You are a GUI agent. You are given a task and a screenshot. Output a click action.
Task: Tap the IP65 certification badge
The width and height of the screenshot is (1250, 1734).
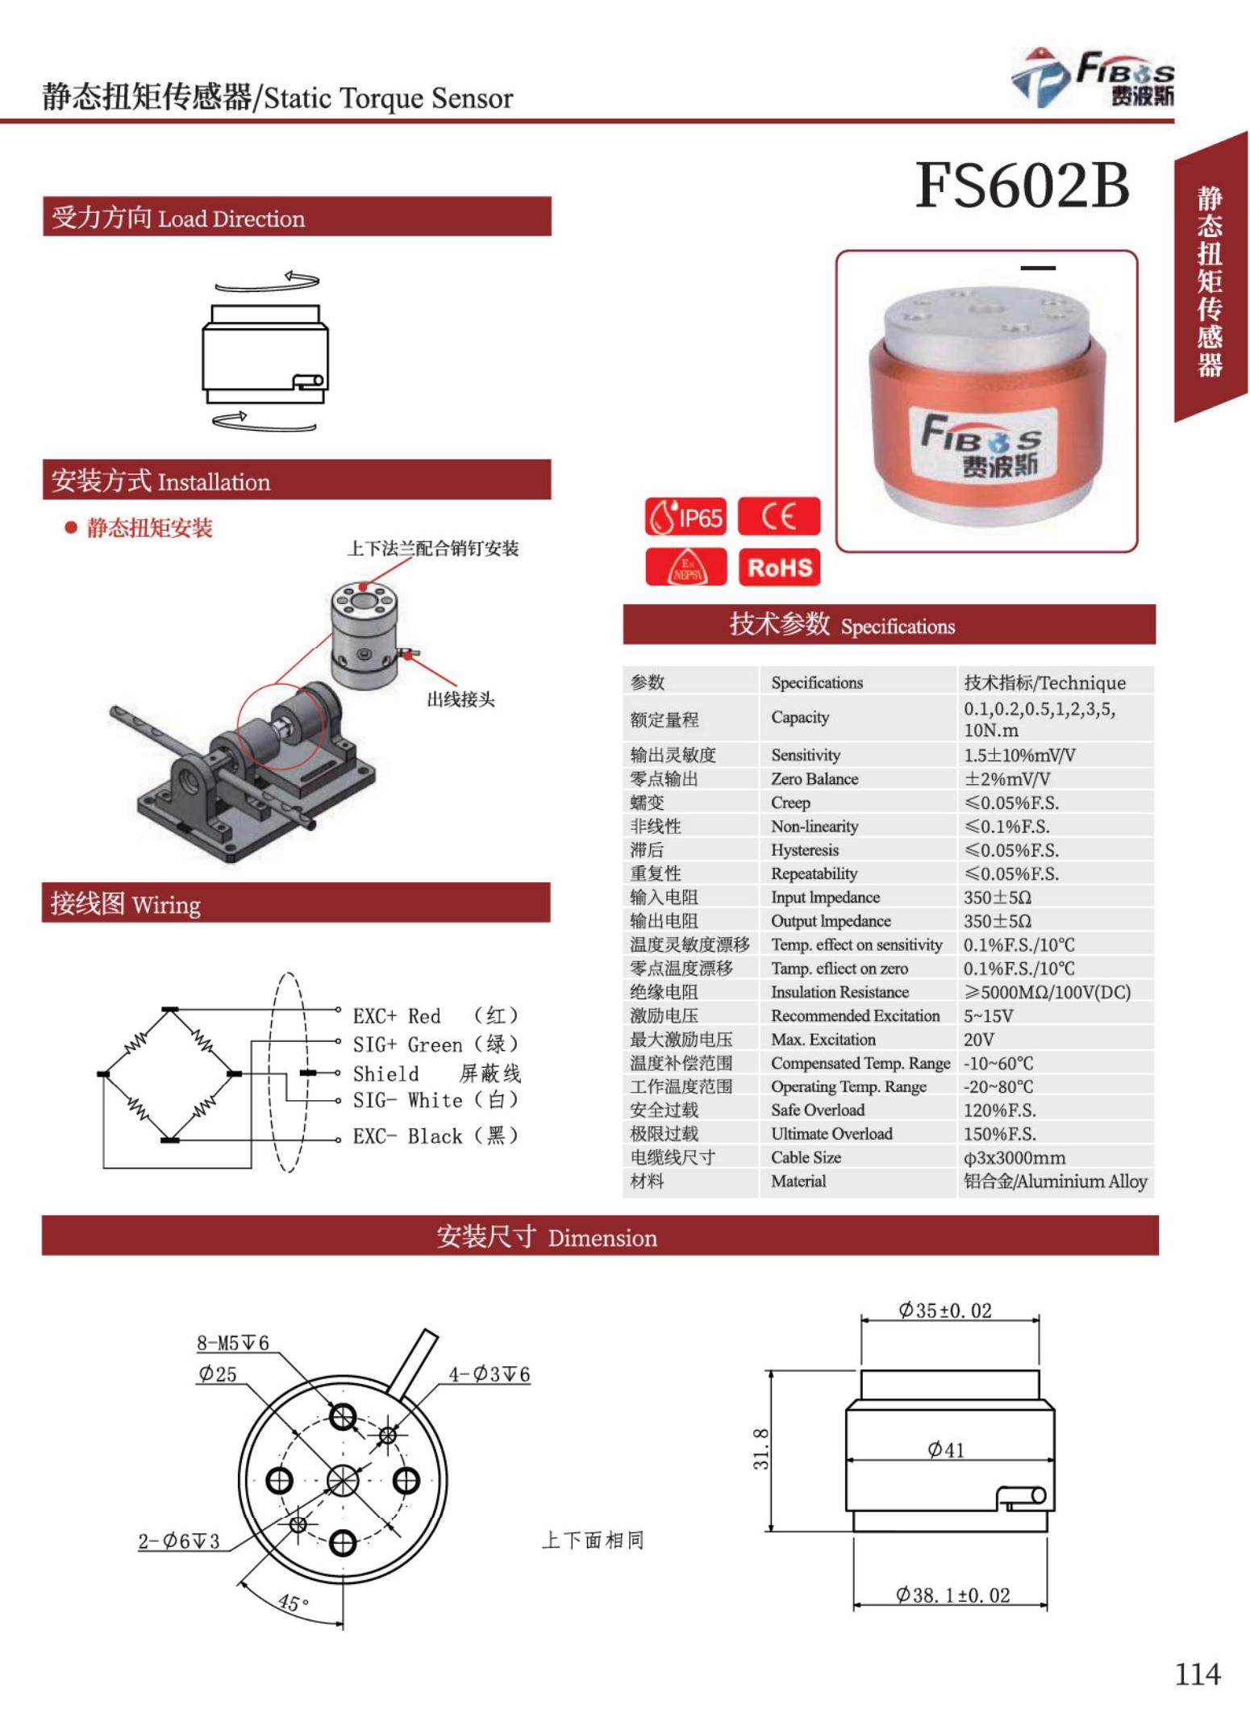coord(685,517)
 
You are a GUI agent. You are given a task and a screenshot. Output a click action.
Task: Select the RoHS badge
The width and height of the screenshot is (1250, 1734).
coord(779,567)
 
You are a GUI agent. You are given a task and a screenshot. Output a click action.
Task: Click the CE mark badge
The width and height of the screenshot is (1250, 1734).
coord(778,516)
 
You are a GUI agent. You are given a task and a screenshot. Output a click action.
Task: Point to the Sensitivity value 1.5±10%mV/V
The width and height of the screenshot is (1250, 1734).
coord(1019,755)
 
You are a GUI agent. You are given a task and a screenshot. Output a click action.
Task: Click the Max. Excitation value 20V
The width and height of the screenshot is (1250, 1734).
coord(978,1039)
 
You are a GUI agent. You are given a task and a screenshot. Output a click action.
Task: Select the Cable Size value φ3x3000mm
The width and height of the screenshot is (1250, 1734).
coord(1014,1157)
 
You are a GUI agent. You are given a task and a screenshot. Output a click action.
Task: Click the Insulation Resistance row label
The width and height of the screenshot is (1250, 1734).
coord(839,992)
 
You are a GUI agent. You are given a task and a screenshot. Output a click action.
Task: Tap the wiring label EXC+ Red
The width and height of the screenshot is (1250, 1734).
coord(397,1015)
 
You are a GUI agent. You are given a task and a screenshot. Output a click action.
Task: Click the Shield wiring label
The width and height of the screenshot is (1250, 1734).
coord(385,1073)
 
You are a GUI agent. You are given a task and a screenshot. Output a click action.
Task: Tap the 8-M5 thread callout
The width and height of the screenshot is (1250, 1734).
coord(232,1343)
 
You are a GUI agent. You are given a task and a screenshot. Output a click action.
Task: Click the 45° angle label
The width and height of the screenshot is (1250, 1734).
coord(293,1602)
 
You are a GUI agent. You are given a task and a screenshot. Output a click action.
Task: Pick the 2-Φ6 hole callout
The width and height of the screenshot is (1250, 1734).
coord(178,1541)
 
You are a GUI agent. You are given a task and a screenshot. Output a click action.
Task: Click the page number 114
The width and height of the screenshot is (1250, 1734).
coord(1197,1675)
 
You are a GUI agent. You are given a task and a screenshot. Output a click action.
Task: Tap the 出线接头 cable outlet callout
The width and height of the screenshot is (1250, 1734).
coord(460,699)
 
